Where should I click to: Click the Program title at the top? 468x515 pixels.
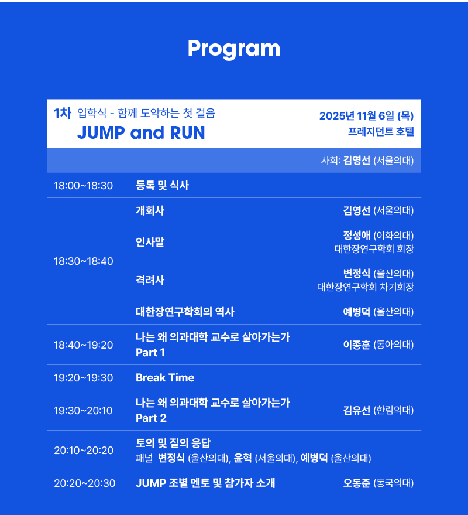pyautogui.click(x=234, y=49)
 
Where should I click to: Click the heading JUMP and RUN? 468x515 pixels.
pyautogui.click(x=141, y=132)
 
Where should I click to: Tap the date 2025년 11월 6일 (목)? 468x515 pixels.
pyautogui.click(x=366, y=116)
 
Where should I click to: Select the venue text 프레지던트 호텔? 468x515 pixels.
pyautogui.click(x=381, y=132)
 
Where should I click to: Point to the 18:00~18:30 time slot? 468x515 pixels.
pyautogui.click(x=83, y=186)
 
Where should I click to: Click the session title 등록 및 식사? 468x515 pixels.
pyautogui.click(x=163, y=186)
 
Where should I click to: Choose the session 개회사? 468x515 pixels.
pyautogui.click(x=150, y=210)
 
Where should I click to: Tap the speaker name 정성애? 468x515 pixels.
pyautogui.click(x=356, y=236)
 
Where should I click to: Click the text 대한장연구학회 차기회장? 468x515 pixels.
pyautogui.click(x=366, y=287)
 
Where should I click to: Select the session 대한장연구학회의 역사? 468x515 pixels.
pyautogui.click(x=185, y=312)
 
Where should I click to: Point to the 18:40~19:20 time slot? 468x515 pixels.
pyautogui.click(x=83, y=345)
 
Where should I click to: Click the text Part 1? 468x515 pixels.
pyautogui.click(x=150, y=353)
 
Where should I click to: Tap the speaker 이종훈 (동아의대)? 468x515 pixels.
pyautogui.click(x=378, y=345)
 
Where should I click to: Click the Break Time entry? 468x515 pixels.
pyautogui.click(x=165, y=378)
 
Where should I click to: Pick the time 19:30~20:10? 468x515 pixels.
pyautogui.click(x=83, y=411)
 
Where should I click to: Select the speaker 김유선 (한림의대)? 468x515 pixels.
pyautogui.click(x=378, y=410)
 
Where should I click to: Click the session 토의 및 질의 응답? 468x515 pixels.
pyautogui.click(x=173, y=443)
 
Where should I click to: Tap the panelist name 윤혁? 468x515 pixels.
pyautogui.click(x=242, y=458)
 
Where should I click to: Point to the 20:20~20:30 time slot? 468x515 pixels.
pyautogui.click(x=85, y=483)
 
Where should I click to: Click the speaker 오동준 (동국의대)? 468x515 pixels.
pyautogui.click(x=378, y=483)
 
